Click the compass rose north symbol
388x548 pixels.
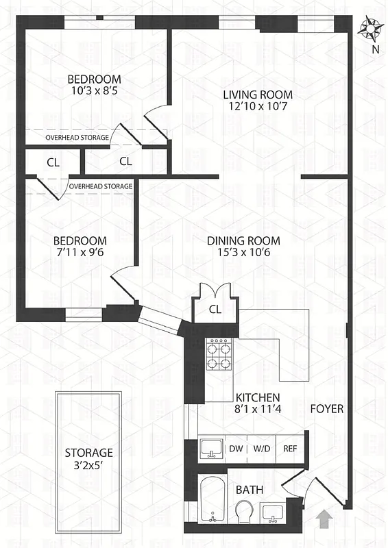click(371, 29)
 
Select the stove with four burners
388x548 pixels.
click(219, 356)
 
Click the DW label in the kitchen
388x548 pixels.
click(236, 449)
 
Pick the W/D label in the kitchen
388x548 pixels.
click(261, 449)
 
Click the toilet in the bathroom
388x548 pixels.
click(244, 511)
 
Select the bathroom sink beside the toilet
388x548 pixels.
click(275, 512)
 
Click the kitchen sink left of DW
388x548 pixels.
click(211, 449)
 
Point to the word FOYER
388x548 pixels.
click(327, 410)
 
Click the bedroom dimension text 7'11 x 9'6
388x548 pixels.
click(80, 253)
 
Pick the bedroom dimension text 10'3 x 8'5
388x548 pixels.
click(94, 90)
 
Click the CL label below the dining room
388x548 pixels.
click(215, 309)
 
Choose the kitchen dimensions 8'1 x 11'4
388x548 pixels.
click(257, 410)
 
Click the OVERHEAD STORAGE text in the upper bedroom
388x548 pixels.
click(77, 138)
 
